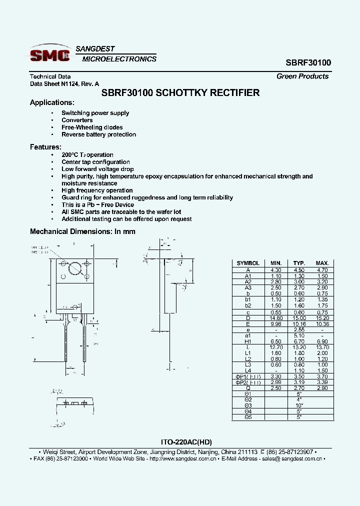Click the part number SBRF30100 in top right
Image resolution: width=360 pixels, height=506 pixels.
click(x=308, y=63)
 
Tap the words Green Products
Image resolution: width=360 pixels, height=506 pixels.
click(x=302, y=76)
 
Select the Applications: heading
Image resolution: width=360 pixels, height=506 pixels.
click(x=52, y=102)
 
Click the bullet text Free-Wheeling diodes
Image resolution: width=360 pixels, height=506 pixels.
click(x=92, y=127)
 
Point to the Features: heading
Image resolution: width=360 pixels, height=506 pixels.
click(x=45, y=147)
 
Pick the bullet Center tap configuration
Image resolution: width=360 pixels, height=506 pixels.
click(x=95, y=162)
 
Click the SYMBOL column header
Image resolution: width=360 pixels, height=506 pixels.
click(x=248, y=263)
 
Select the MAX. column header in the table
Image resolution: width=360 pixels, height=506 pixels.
click(x=322, y=263)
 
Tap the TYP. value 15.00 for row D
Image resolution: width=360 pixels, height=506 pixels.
click(x=299, y=318)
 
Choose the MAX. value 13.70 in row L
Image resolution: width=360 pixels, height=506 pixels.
click(x=322, y=347)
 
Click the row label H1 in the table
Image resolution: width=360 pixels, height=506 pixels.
click(x=248, y=341)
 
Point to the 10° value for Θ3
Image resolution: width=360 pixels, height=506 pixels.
click(x=299, y=405)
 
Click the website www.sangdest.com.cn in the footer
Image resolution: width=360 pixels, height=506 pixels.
click(x=183, y=458)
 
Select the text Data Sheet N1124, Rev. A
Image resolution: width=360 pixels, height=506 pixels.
click(x=64, y=84)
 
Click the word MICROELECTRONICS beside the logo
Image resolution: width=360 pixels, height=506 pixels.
click(x=119, y=59)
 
